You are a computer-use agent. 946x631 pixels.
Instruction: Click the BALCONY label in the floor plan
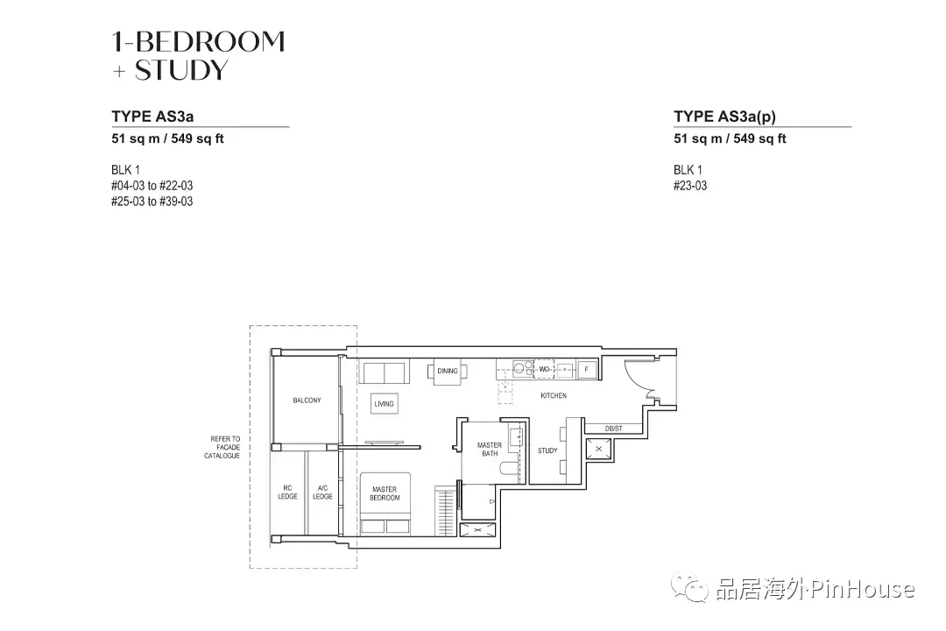(x=307, y=401)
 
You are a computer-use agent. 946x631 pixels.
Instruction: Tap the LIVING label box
(x=384, y=404)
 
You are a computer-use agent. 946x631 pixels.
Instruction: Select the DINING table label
(x=447, y=371)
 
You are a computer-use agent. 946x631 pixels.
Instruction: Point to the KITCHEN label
(x=553, y=396)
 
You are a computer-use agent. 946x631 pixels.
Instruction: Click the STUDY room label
(x=547, y=450)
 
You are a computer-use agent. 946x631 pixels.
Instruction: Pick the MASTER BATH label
(x=489, y=450)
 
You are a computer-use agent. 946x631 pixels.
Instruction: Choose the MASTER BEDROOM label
(x=384, y=493)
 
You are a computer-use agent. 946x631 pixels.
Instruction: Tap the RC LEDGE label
(x=287, y=492)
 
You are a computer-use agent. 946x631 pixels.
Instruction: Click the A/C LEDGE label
(x=322, y=492)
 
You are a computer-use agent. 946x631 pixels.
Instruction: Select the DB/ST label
(x=613, y=429)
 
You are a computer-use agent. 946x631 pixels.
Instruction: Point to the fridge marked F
(x=586, y=370)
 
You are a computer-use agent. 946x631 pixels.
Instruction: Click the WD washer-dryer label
(x=544, y=370)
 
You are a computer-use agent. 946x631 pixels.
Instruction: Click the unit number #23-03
(x=690, y=186)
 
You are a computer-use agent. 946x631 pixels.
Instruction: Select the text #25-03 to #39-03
(x=152, y=202)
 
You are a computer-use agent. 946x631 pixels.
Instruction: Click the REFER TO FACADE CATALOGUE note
(x=224, y=447)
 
